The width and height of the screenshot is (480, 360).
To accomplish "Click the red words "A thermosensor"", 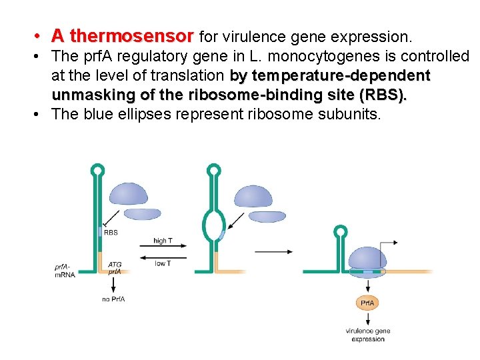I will pyautogui.click(x=123, y=35).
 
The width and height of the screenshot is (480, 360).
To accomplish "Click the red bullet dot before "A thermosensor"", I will pyautogui.click(x=41, y=35).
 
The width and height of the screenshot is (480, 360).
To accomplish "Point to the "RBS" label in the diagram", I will pyautogui.click(x=111, y=233).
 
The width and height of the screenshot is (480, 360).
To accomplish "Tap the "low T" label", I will pyautogui.click(x=163, y=263).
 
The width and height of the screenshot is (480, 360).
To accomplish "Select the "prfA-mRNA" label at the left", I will pyautogui.click(x=65, y=271).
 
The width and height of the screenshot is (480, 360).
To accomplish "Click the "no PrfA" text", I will pyautogui.click(x=113, y=299).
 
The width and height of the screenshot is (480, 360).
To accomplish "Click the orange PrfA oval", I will pyautogui.click(x=367, y=303).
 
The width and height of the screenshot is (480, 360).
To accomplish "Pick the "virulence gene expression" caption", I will pyautogui.click(x=367, y=335).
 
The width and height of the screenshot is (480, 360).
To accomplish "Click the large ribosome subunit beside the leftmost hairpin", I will pyautogui.click(x=129, y=194).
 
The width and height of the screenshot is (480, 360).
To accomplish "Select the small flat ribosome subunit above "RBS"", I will pyautogui.click(x=143, y=213).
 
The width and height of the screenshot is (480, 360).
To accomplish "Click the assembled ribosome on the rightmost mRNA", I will pyautogui.click(x=367, y=261).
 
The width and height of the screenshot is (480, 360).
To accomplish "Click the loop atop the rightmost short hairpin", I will pyautogui.click(x=341, y=232).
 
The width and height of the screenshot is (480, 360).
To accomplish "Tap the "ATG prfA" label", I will pyautogui.click(x=114, y=268).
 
